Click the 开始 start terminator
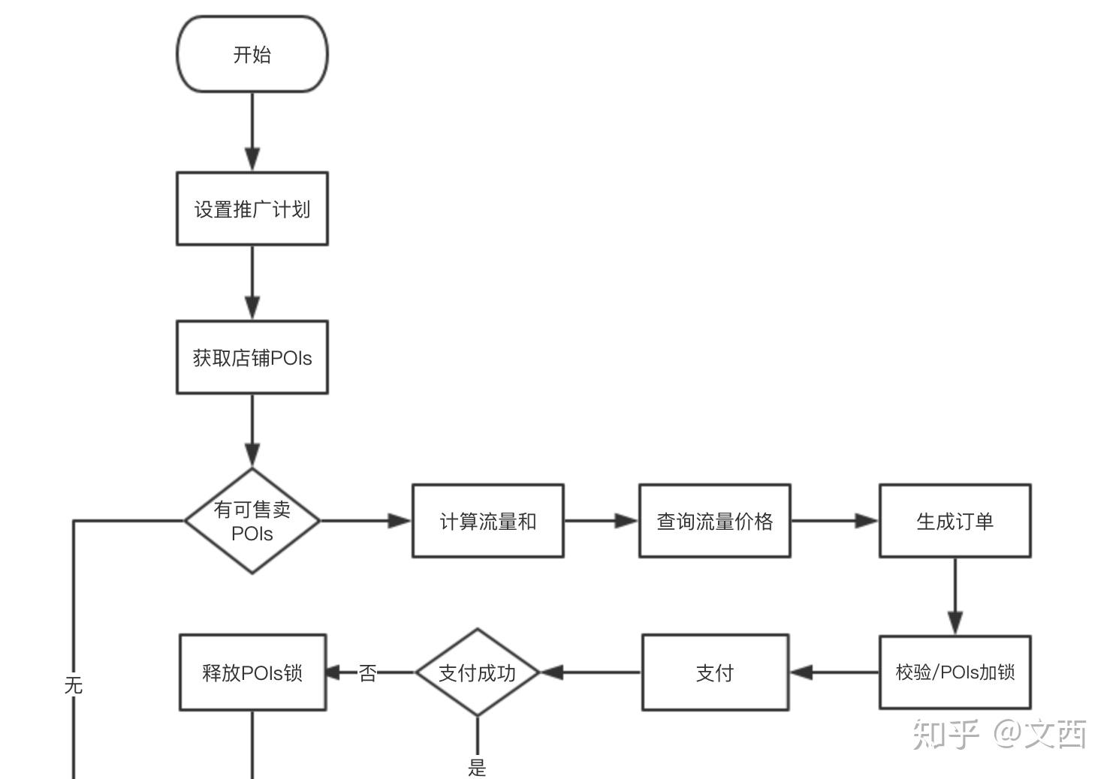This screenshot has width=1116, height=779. click(252, 54)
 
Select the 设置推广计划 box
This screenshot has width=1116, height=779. click(252, 209)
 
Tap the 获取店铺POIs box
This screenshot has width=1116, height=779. click(252, 357)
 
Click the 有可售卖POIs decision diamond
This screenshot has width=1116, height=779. click(252, 521)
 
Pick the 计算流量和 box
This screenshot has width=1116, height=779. click(487, 521)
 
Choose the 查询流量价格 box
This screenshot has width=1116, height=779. click(714, 521)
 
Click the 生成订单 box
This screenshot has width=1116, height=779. click(955, 521)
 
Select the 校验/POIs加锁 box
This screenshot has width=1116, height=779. click(955, 672)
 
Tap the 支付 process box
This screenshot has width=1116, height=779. click(714, 672)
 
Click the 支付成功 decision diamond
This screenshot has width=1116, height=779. click(477, 672)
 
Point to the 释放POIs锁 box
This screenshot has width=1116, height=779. click(252, 672)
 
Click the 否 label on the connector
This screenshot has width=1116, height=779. click(367, 673)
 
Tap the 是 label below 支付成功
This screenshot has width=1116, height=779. click(477, 767)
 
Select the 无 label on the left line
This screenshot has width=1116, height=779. click(73, 684)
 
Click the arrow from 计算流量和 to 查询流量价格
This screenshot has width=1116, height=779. click(601, 521)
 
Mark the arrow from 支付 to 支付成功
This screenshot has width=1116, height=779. click(590, 672)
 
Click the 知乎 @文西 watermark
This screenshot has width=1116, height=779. click(1000, 734)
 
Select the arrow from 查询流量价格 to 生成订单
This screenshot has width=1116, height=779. click(834, 521)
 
